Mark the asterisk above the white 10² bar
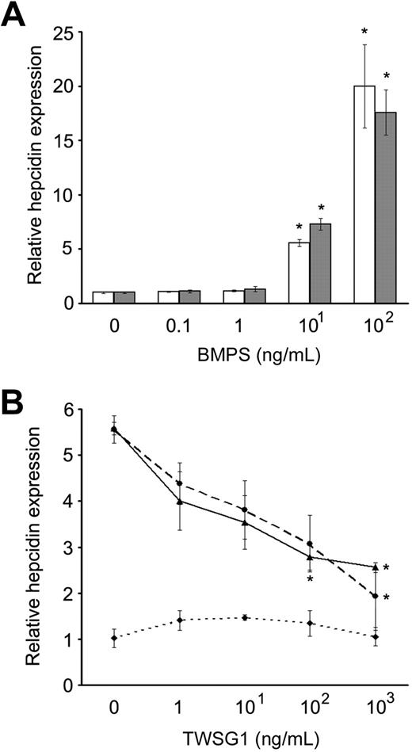coord(364,32)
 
